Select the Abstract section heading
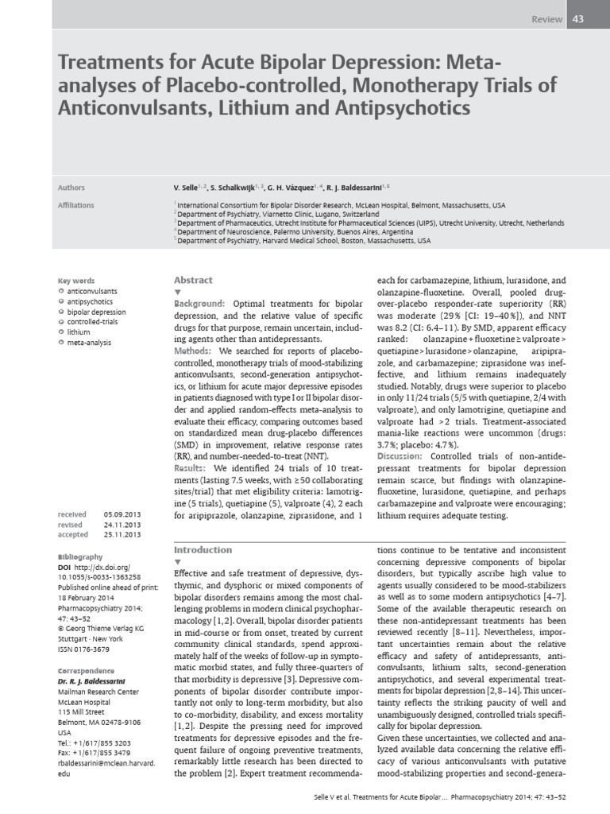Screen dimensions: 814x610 click(x=193, y=280)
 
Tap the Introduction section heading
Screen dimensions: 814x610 click(x=203, y=549)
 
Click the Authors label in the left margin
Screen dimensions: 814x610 click(x=72, y=188)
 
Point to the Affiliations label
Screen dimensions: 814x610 click(x=76, y=205)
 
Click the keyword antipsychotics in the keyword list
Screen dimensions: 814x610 click(x=90, y=302)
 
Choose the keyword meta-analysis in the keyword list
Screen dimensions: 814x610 click(x=90, y=343)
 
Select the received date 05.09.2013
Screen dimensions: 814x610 click(x=120, y=514)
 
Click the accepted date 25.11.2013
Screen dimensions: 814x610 click(x=120, y=535)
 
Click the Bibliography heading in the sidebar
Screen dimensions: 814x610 click(x=81, y=556)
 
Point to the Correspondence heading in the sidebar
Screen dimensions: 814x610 click(x=87, y=670)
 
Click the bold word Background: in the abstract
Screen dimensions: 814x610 click(x=199, y=304)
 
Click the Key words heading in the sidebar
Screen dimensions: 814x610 click(x=76, y=281)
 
